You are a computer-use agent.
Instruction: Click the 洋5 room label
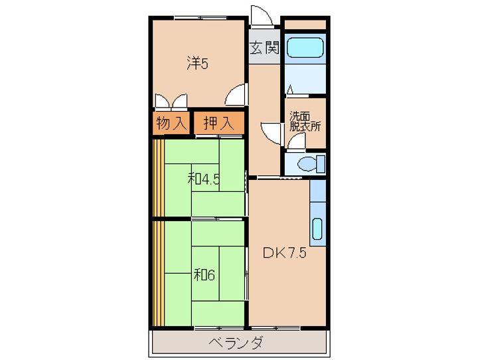tap(198, 64)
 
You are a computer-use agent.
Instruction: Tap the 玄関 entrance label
tap(265, 48)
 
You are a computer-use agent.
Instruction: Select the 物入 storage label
tap(171, 124)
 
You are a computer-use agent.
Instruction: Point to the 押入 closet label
tap(219, 124)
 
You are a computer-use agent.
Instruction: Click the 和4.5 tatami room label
tap(204, 179)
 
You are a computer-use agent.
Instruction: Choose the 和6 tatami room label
tap(204, 275)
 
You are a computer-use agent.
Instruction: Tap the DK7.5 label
tap(284, 253)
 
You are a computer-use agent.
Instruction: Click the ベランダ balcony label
tap(236, 342)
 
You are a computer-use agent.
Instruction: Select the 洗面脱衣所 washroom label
tap(305, 122)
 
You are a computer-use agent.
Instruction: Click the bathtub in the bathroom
tap(305, 47)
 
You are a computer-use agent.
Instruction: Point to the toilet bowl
tap(307, 164)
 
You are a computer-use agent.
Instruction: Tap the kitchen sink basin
tap(317, 228)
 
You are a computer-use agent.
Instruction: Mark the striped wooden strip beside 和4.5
tap(159, 178)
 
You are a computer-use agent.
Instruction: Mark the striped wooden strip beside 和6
tap(159, 274)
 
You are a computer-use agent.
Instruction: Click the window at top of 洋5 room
tap(200, 18)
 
